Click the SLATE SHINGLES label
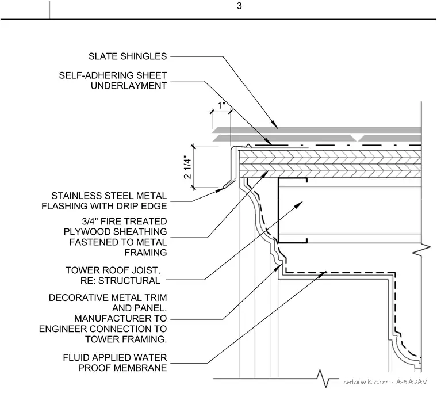pyautogui.click(x=128, y=56)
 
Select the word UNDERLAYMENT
pyautogui.click(x=129, y=86)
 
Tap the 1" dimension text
pyautogui.click(x=221, y=105)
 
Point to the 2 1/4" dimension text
pyautogui.click(x=188, y=168)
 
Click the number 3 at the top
pyautogui.click(x=239, y=6)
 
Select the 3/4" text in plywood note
pyautogui.click(x=90, y=222)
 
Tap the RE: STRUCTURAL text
pyautogui.click(x=120, y=281)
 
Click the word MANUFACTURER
pyautogui.click(x=121, y=319)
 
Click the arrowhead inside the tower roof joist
pyautogui.click(x=299, y=204)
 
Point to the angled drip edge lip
pyautogui.click(x=229, y=183)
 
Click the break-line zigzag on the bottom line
pyautogui.click(x=323, y=379)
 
